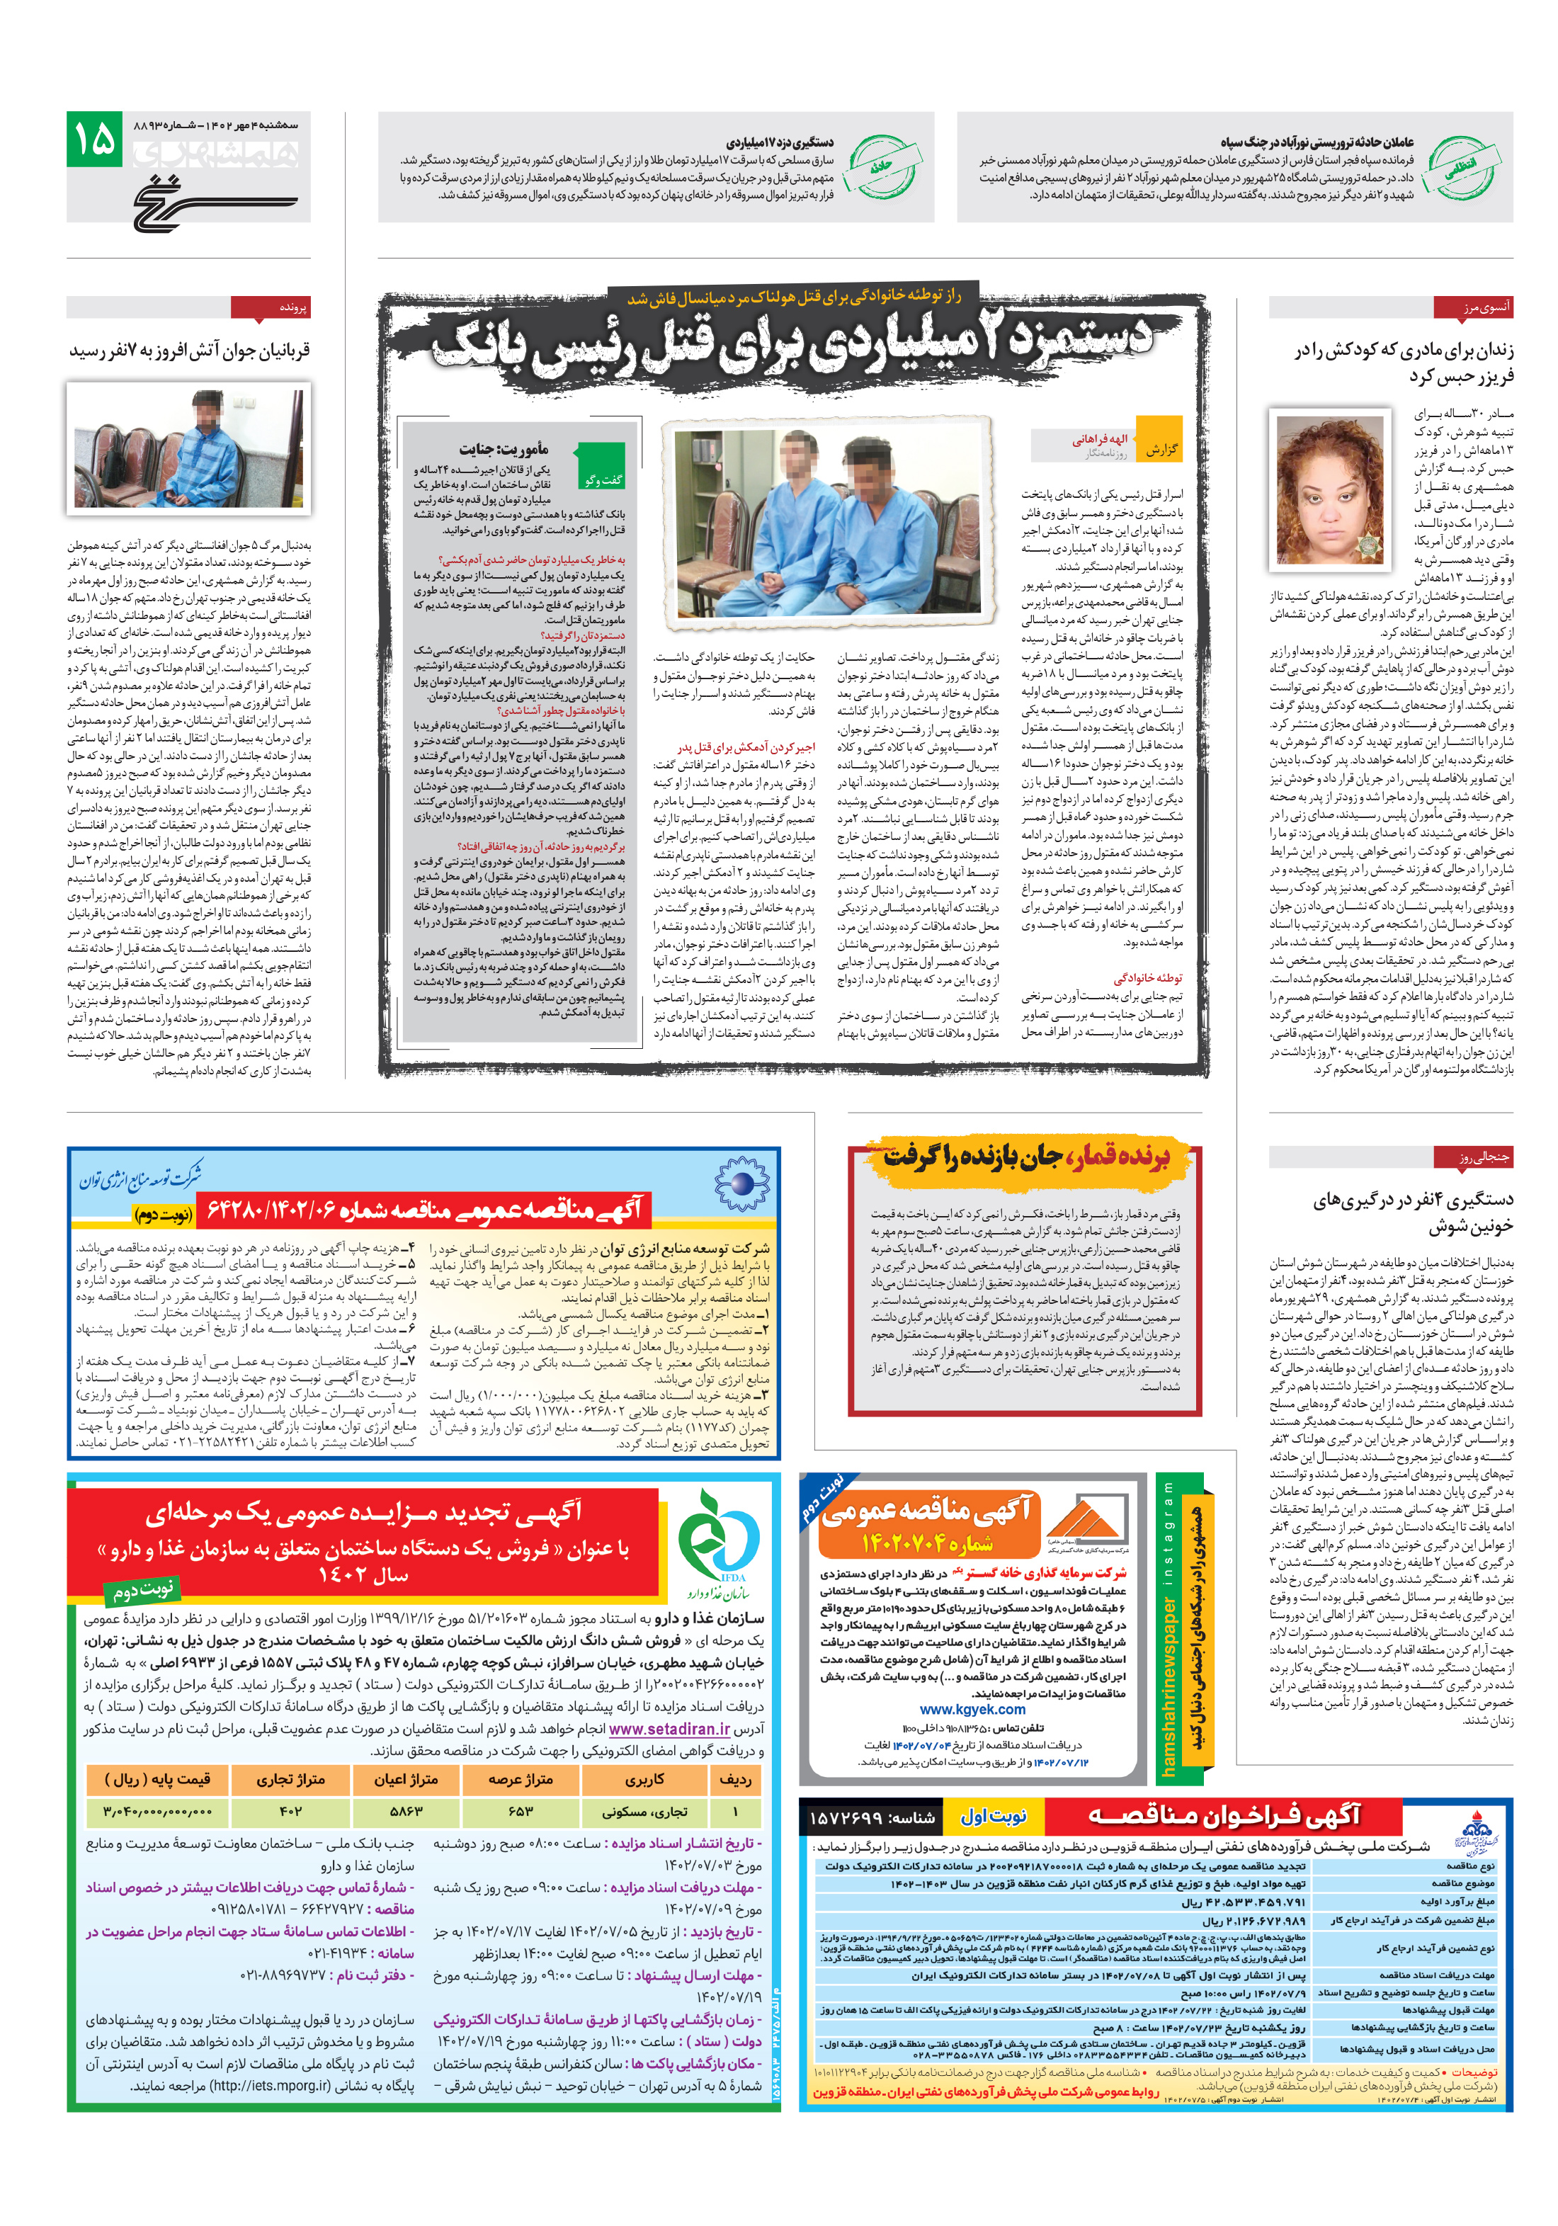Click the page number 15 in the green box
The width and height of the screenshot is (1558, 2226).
[x=95, y=140]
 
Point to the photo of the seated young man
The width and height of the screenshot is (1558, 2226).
[x=188, y=447]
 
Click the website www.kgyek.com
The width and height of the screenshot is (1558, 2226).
[x=972, y=1709]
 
